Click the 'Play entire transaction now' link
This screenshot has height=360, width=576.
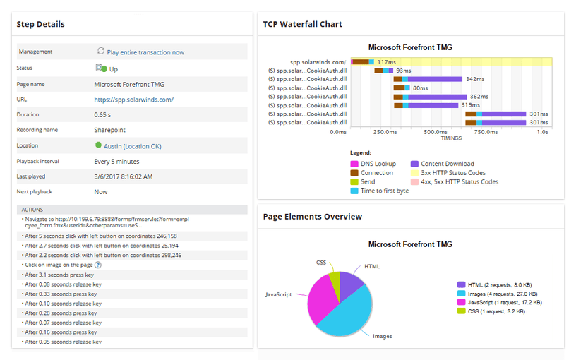coord(145,52)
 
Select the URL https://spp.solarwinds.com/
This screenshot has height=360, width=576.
coord(133,100)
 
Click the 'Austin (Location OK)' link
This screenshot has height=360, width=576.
coord(133,146)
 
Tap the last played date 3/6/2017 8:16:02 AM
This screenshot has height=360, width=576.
coord(124,176)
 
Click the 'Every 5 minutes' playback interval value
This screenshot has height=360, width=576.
coord(117,161)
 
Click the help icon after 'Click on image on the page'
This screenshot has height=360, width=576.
coord(98,265)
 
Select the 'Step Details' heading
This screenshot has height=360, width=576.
coord(40,24)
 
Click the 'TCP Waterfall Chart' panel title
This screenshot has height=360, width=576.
coord(302,24)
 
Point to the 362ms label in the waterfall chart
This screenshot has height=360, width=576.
coord(479,97)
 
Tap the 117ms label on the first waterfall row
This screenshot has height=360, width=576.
coord(386,62)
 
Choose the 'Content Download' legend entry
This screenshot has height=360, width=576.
coord(447,164)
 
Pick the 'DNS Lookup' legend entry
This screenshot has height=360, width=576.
coord(378,164)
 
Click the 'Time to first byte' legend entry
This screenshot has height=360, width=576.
coord(384,191)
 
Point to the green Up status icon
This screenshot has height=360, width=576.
coord(104,69)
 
